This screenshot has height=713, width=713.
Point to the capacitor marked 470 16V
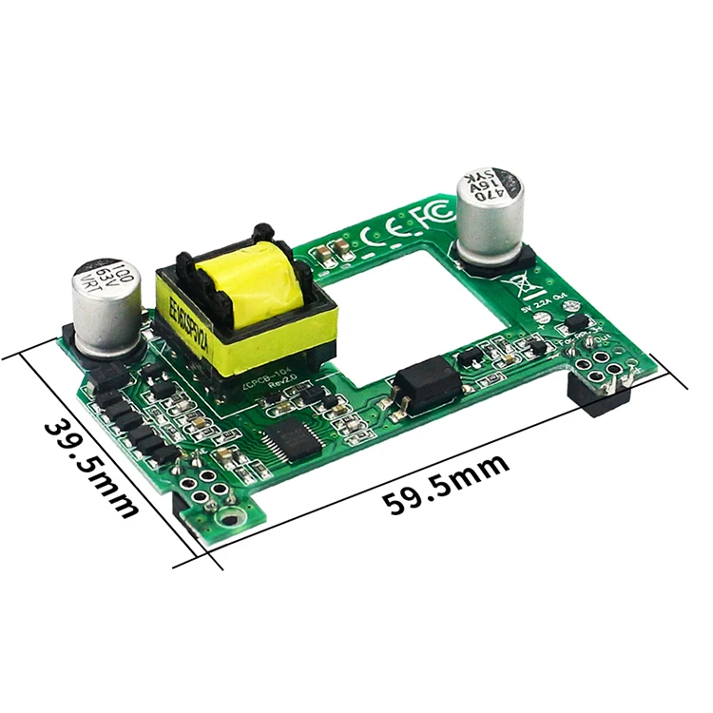[490, 215]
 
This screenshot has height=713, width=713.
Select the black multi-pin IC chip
[288, 441]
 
